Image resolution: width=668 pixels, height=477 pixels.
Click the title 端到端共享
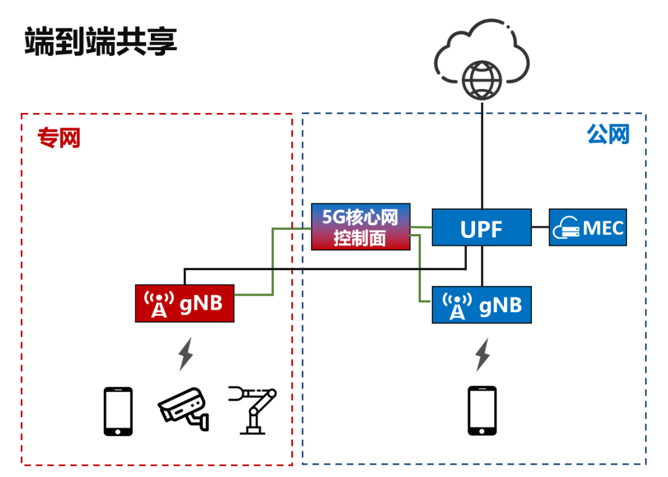click(x=101, y=41)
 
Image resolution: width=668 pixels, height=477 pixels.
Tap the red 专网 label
click(x=59, y=138)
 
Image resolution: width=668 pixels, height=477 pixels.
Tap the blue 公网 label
click(x=608, y=134)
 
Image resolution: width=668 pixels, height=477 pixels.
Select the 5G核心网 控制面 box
click(x=361, y=227)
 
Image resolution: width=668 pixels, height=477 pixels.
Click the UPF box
click(x=481, y=227)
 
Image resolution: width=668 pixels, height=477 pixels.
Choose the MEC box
click(x=587, y=227)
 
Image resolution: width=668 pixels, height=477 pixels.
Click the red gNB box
click(x=184, y=303)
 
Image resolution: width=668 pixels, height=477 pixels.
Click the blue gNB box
click(x=481, y=305)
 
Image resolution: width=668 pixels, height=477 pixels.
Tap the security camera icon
click(x=184, y=408)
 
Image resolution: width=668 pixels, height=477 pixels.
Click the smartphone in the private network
click(x=118, y=411)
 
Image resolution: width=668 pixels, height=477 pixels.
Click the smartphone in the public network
click(x=482, y=411)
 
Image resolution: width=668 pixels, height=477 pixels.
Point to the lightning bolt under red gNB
click(x=185, y=354)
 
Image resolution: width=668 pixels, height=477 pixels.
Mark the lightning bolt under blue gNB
click(x=482, y=354)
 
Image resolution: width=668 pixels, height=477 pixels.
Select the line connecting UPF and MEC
click(x=540, y=227)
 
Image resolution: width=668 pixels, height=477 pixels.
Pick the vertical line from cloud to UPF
click(x=481, y=154)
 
